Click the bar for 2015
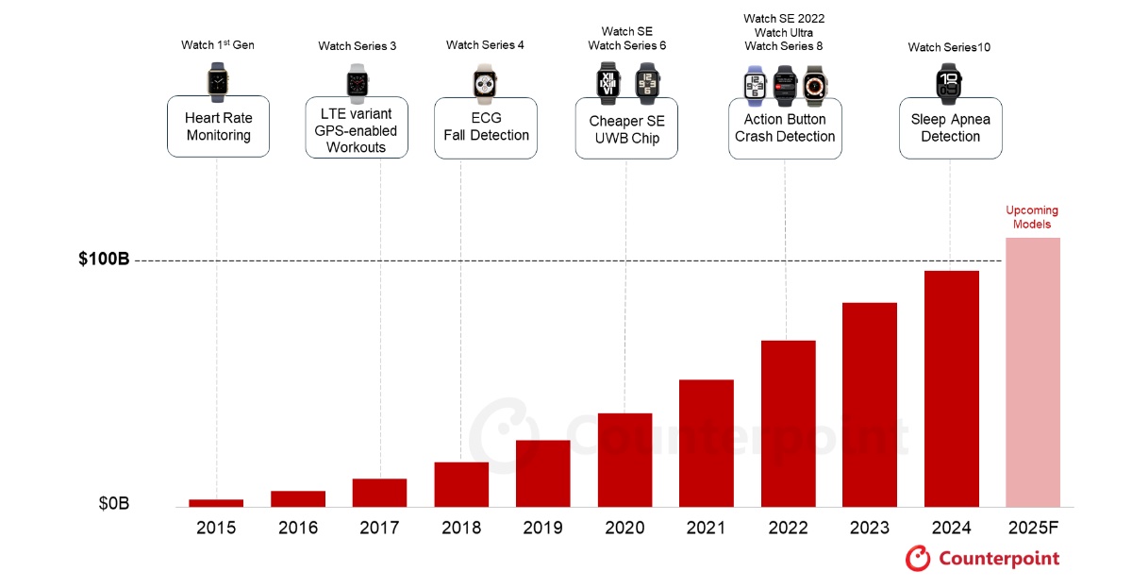216,502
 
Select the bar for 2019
542,473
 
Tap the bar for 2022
788,423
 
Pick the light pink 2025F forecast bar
1032,372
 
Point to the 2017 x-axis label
379,528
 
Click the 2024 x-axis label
951,528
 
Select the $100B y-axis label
104,260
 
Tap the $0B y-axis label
113,504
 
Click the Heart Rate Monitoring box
218,126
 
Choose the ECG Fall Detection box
486,126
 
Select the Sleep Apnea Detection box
950,127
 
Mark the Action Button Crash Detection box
785,127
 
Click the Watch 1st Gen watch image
218,81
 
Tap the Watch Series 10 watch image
949,82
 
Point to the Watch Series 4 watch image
485,81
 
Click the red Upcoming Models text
1032,217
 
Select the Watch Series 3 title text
357,46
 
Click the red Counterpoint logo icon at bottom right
918,558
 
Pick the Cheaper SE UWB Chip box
626,129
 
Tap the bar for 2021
706,443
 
